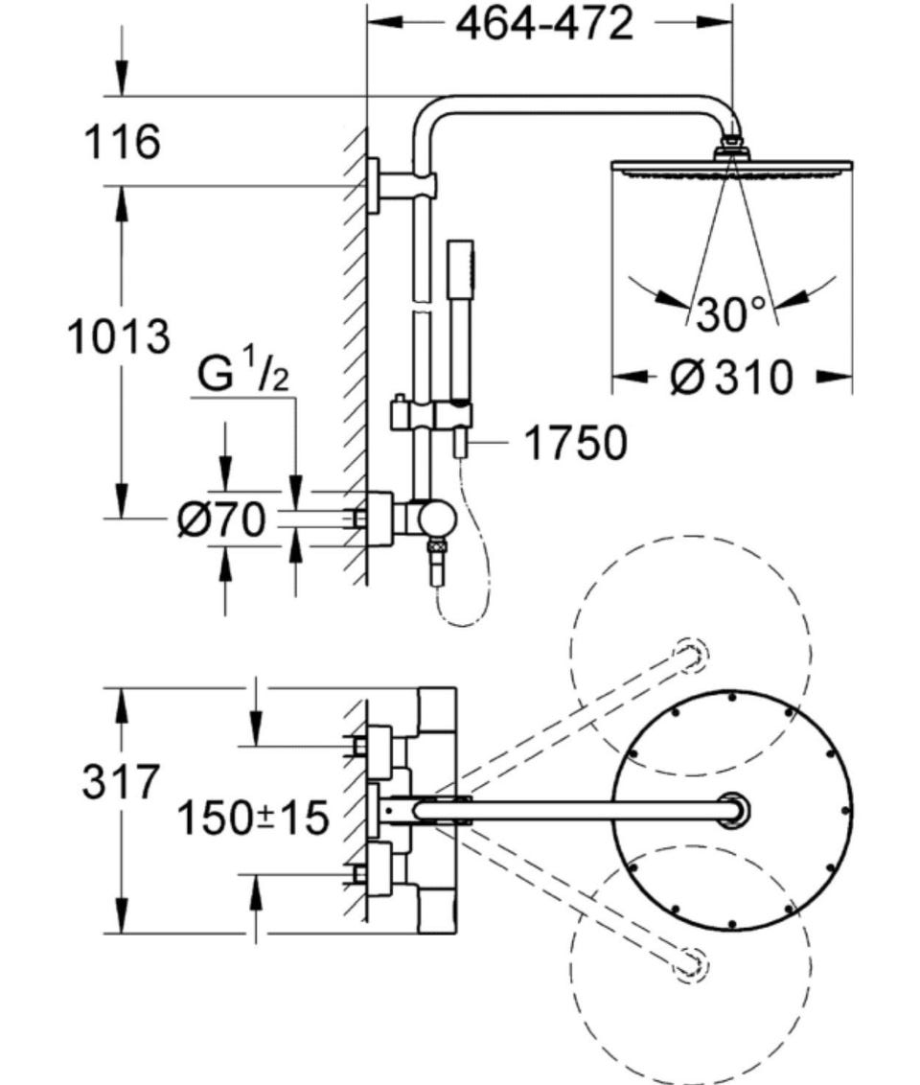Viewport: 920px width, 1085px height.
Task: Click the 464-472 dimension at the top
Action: coord(545,23)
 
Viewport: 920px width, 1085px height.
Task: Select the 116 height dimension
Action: coord(122,141)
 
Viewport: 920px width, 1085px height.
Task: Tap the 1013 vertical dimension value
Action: coord(118,337)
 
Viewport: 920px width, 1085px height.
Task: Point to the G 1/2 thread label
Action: coord(242,375)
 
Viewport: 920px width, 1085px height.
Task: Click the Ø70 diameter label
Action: coord(221,519)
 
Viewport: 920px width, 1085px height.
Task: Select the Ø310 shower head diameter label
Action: coord(732,377)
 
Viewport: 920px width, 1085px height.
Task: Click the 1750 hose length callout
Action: coord(576,442)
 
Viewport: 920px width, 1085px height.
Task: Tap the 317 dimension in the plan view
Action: coord(121,782)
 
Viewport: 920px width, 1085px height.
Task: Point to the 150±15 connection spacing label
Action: coord(253,818)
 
